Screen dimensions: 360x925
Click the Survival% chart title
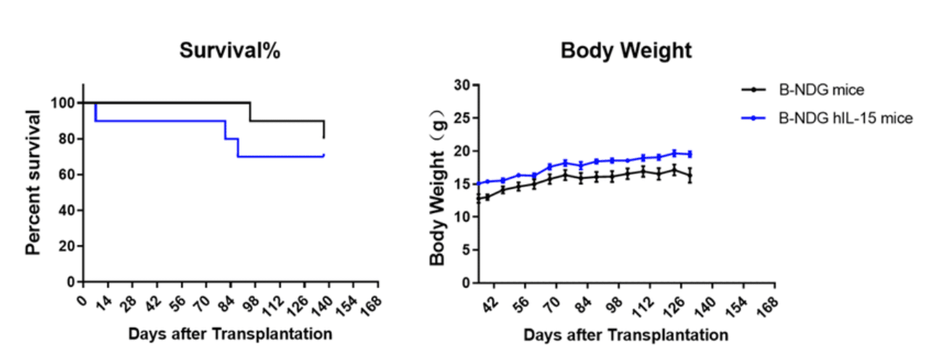[x=230, y=51]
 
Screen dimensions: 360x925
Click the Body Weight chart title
[x=626, y=51]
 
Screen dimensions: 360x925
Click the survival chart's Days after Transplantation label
[x=230, y=335]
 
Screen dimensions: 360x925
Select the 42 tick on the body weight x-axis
[x=490, y=302]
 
